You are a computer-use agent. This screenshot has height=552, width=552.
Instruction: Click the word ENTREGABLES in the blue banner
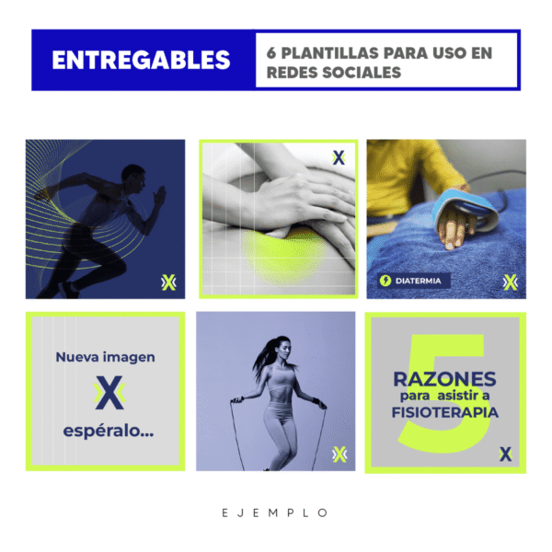141,60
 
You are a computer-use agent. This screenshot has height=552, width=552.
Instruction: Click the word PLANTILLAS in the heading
329,53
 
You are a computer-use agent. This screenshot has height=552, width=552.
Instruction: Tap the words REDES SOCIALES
334,73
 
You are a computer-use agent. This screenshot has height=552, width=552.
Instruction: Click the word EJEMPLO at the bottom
275,513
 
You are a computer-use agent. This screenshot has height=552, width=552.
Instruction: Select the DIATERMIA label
419,281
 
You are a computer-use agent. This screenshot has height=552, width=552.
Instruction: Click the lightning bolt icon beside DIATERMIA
385,281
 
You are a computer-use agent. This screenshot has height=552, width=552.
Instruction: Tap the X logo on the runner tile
168,282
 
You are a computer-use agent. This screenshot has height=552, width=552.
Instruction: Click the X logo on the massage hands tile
339,157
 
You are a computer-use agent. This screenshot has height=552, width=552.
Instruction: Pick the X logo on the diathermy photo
511,282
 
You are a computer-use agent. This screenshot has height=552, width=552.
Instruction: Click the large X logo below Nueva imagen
109,393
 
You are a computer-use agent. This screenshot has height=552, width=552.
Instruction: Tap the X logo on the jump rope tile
339,454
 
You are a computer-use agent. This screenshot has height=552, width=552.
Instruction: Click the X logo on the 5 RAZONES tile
505,454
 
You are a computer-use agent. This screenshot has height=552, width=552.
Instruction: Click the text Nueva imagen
105,357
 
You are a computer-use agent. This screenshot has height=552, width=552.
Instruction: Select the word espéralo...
109,431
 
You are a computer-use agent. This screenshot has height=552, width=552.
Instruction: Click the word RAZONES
444,379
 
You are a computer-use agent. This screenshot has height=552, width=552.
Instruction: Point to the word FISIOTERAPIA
445,412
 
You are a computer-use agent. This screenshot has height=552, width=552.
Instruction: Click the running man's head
133,178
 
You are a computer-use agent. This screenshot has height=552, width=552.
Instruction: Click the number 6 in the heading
271,53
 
